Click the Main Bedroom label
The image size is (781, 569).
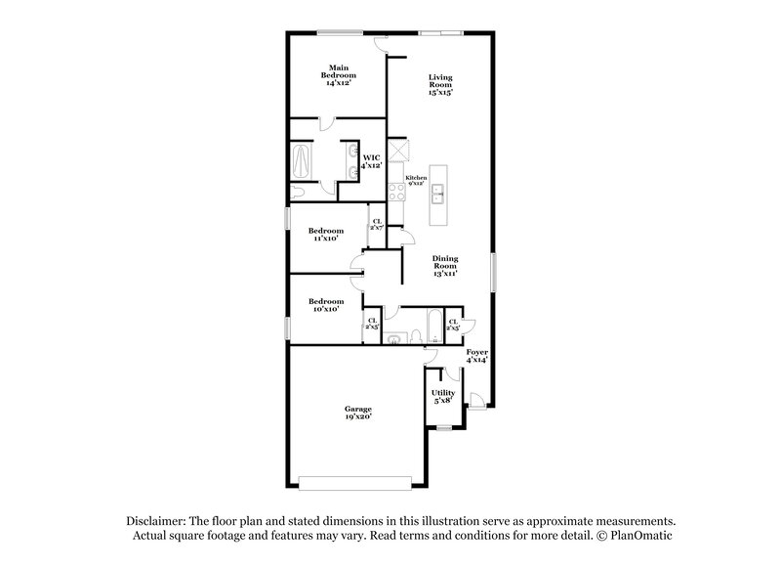tap(340, 74)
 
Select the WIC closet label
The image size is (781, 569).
tap(372, 161)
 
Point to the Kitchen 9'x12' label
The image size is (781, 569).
tap(417, 180)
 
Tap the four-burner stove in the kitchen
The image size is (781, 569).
tap(396, 192)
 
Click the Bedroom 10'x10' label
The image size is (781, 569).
tap(326, 305)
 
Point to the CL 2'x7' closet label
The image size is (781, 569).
tap(376, 224)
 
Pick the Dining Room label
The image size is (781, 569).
tap(445, 266)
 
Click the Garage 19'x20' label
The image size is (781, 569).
tap(358, 413)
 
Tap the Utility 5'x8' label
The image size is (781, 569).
tap(443, 395)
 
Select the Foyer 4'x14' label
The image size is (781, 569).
tap(476, 355)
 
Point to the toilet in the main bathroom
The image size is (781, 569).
tap(299, 193)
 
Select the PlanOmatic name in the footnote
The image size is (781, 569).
tap(639, 537)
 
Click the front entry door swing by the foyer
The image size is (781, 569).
tap(475, 397)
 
